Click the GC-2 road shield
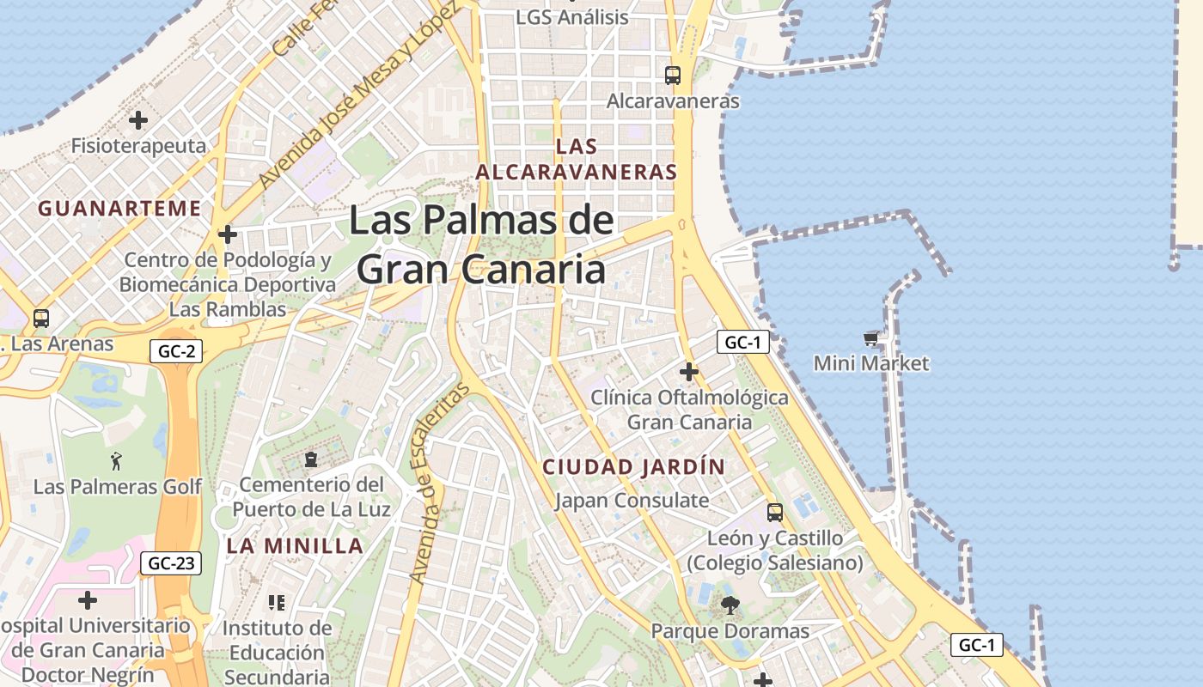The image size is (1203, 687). pos(175,350)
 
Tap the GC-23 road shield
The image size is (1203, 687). pos(171,563)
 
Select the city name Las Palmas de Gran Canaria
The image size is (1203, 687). pos(481,245)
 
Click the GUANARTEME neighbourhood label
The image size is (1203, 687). pos(119,208)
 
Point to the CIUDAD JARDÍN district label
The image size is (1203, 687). pos(634,467)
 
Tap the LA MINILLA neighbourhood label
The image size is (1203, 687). pos(295,545)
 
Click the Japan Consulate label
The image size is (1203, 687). pos(632,500)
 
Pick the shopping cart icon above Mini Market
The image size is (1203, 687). pos(871,339)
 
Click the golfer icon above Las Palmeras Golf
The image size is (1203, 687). pos(117,461)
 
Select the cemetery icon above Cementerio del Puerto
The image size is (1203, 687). pos(311,459)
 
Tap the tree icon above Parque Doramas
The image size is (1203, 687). pos(730,605)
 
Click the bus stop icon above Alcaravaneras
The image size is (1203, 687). pos(673,76)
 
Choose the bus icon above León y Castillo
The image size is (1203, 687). pos(775,513)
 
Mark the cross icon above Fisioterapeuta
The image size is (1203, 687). pos(138,120)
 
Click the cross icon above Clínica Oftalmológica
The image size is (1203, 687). pos(688,372)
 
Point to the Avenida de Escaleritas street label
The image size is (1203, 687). pos(439,483)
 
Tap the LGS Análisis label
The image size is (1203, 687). pos(572,16)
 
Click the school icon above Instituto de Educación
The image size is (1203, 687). pos(276,602)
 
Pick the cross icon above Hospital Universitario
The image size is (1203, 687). pos(88,599)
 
